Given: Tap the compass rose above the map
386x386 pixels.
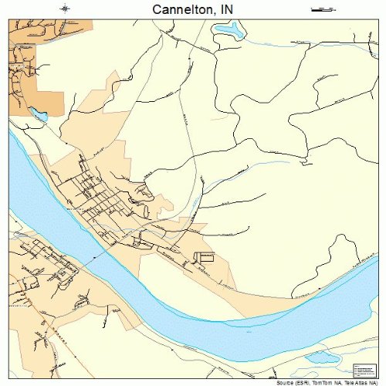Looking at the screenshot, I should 66,9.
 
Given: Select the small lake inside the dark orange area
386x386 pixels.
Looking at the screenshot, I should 37,115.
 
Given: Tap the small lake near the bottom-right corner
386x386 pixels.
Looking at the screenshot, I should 323,357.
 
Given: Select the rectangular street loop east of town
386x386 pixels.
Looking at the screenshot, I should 204,256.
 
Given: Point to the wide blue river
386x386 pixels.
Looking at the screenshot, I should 232,305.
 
